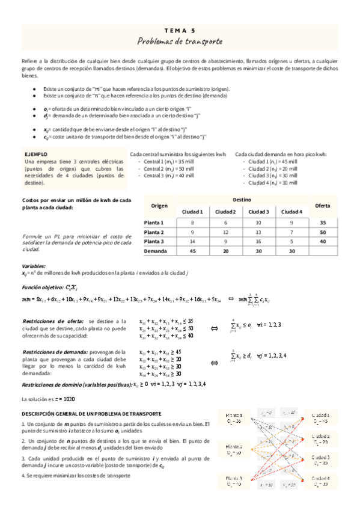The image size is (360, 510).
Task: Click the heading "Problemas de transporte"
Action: tap(180, 41)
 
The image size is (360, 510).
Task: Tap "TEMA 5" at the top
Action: tap(180, 29)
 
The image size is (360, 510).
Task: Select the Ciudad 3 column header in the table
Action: tap(258, 212)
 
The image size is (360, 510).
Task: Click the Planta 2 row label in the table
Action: tap(154, 232)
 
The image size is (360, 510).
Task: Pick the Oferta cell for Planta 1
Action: tap(323, 223)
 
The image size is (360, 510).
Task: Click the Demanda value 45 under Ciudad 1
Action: tap(193, 251)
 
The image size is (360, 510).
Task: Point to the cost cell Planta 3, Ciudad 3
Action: tap(258, 241)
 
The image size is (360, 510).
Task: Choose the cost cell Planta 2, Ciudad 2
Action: tap(225, 232)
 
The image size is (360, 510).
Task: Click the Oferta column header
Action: tap(323, 206)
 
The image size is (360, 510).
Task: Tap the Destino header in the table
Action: tap(242, 200)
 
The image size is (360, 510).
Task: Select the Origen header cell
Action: tap(159, 206)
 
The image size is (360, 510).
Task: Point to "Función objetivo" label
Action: tap(43, 287)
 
